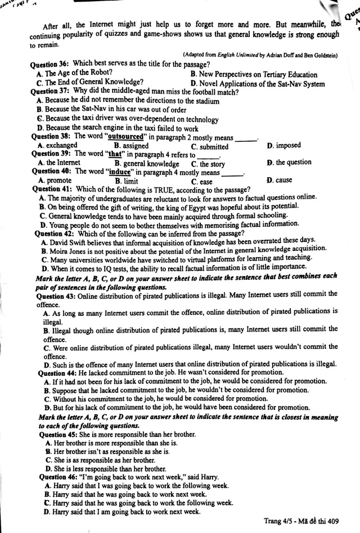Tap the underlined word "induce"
coord(117,172)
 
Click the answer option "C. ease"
coord(201,182)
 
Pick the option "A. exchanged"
coord(57,145)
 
